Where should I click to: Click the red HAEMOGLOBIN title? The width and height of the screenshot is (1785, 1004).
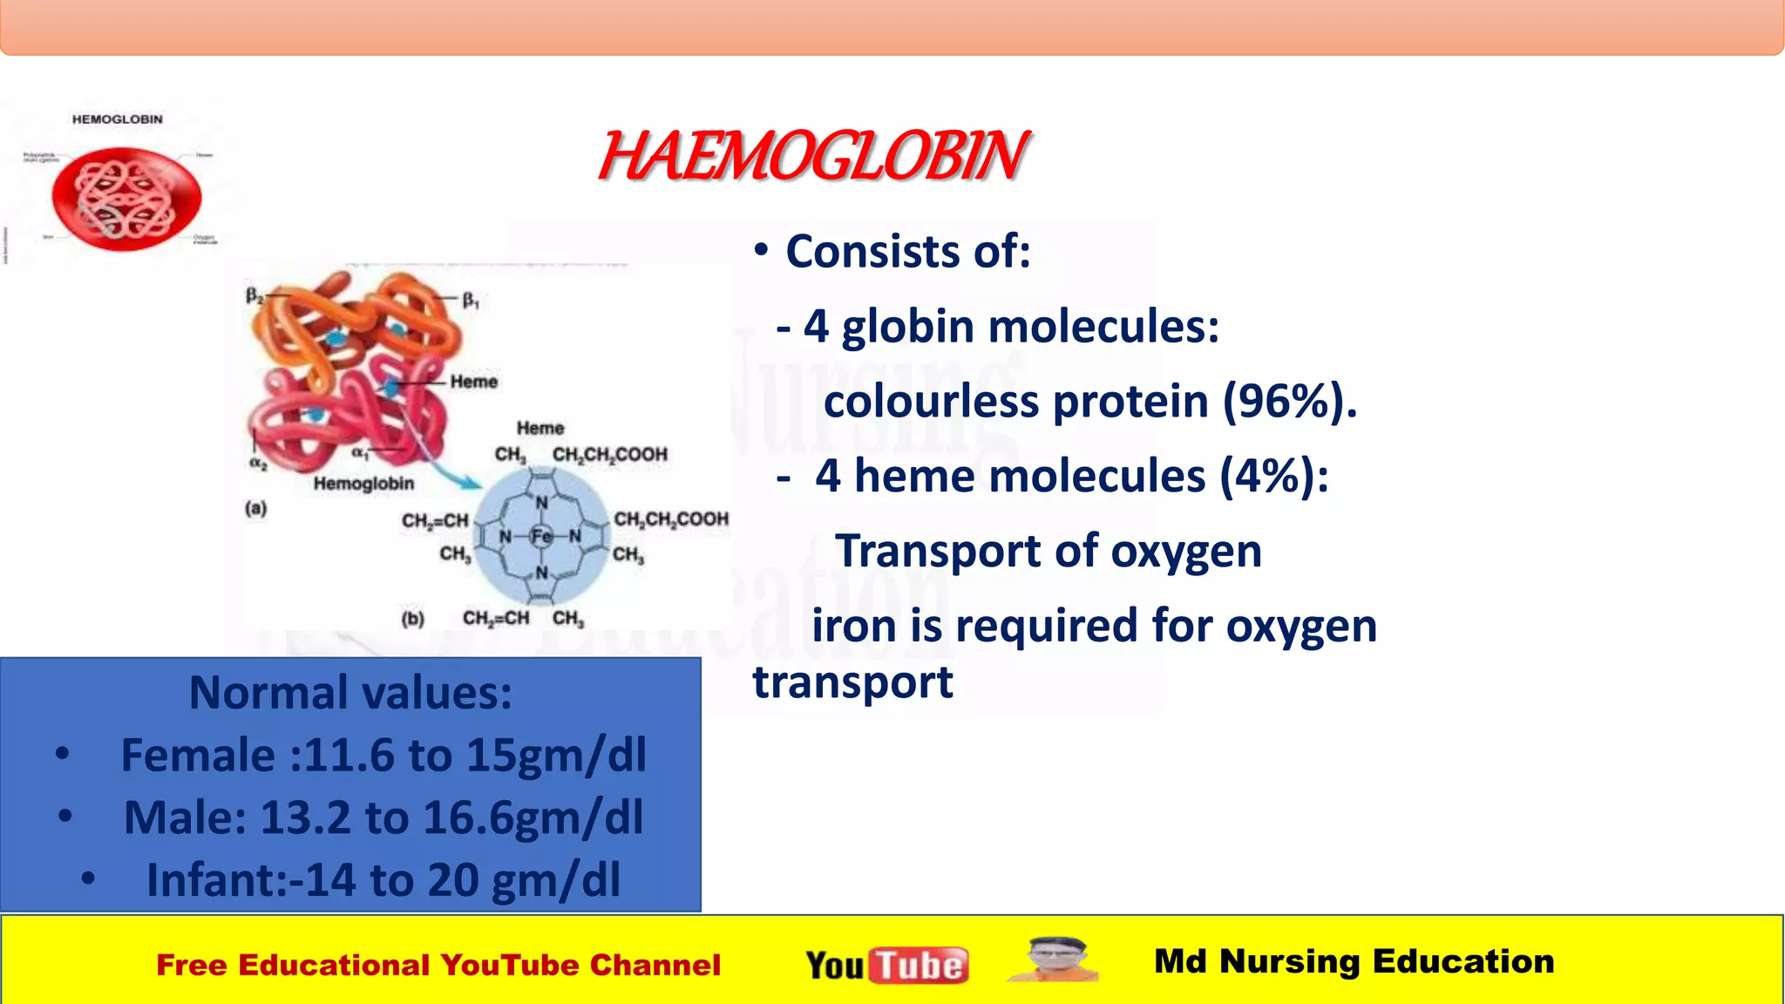tap(812, 157)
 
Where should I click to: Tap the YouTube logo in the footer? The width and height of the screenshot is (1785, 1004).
tap(886, 965)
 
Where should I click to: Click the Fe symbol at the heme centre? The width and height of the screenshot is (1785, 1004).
tap(541, 536)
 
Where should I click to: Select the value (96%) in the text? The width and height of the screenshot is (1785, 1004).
tap(1289, 402)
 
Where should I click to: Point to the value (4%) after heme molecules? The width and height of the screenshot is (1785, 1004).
tap(1273, 477)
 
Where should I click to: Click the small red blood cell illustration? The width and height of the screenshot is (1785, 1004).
tap(126, 199)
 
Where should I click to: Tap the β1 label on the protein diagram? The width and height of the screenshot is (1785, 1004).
tap(471, 301)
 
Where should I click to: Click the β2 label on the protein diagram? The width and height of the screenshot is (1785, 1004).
tap(254, 295)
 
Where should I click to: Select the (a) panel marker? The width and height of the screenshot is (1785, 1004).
tap(255, 508)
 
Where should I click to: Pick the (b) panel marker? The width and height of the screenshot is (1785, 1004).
tap(412, 619)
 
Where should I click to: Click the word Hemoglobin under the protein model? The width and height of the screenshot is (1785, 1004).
tap(363, 484)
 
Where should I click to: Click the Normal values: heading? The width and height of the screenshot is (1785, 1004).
tap(350, 693)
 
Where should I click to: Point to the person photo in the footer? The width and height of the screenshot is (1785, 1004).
tap(1055, 960)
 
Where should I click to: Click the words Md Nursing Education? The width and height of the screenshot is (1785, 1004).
tap(1354, 961)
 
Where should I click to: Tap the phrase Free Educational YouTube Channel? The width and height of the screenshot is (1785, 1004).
tap(438, 966)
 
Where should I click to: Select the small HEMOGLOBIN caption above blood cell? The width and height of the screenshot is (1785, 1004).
tap(117, 119)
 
